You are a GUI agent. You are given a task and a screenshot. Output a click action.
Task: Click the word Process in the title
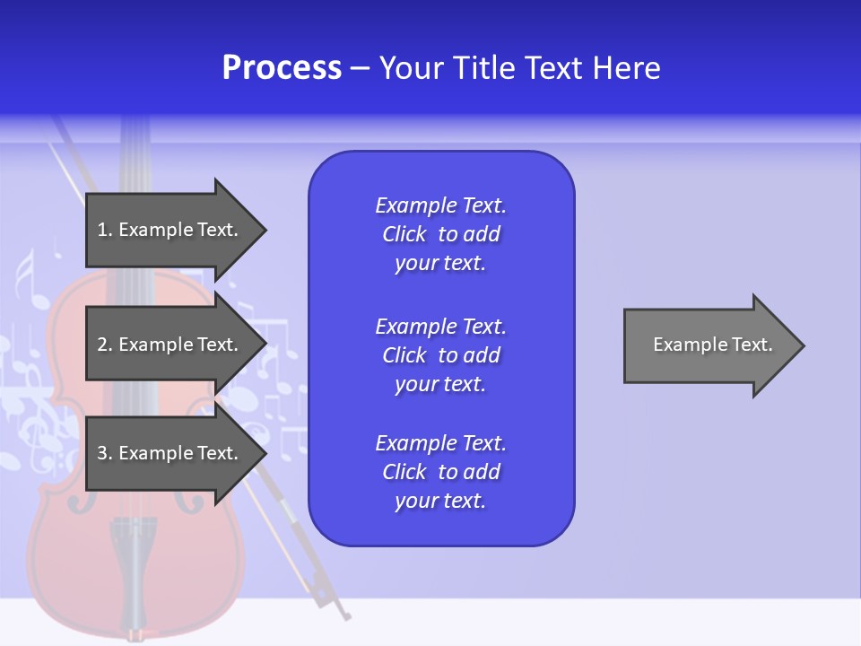click(282, 68)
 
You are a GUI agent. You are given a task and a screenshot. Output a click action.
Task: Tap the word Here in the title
click(625, 68)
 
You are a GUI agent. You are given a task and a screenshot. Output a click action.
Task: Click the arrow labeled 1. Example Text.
click(170, 230)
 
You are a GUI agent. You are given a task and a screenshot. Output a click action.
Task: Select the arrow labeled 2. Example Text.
click(170, 345)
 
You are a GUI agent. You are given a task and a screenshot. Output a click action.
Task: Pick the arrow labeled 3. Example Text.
click(170, 453)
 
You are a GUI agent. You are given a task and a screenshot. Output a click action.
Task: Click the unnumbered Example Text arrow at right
click(709, 345)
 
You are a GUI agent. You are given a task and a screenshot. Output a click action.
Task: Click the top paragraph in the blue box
click(440, 234)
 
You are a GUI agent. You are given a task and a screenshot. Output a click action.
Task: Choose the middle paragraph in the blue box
click(440, 355)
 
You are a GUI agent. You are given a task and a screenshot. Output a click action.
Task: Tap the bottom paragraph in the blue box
click(440, 472)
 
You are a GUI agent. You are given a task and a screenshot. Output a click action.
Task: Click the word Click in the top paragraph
click(404, 235)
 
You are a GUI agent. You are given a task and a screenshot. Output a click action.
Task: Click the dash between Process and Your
click(360, 68)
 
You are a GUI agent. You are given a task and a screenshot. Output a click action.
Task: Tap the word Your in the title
click(413, 68)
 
